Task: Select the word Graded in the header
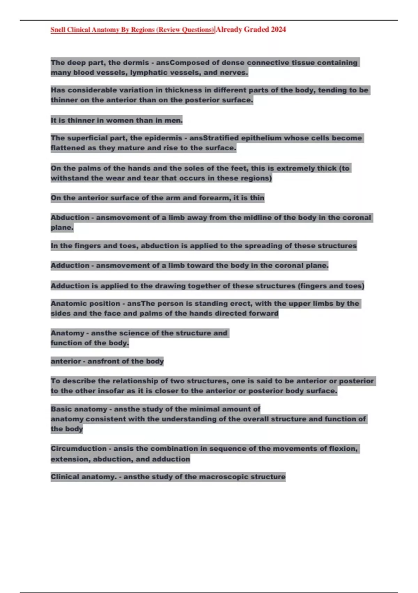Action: (x=256, y=30)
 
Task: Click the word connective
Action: (x=268, y=63)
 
